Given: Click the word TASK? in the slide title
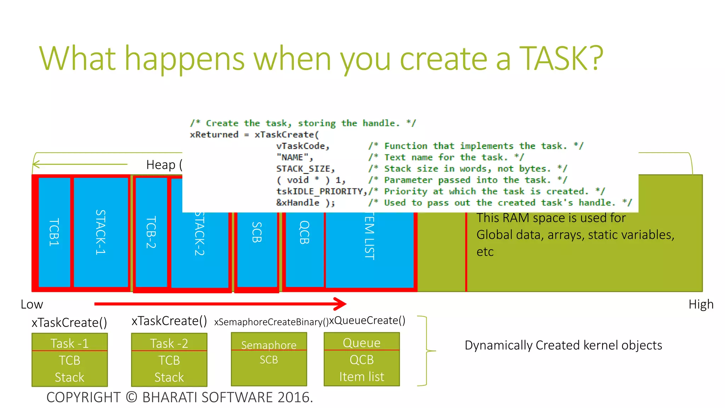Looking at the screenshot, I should coord(561,59).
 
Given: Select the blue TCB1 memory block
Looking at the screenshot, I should coord(54,232).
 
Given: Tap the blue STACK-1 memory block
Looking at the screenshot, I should coord(101,232).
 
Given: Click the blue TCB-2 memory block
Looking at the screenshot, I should coord(151,232).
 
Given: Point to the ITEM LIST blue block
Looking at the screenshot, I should coord(369,248).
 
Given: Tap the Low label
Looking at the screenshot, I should coord(32,305).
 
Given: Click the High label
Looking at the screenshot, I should coord(701,305).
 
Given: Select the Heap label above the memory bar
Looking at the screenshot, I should coord(161,165).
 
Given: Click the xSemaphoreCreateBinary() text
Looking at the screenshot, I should coord(271,322).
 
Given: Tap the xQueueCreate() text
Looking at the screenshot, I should coord(367,321).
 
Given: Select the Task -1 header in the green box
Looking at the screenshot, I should coord(69,343).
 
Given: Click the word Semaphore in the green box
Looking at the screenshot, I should coord(269,345).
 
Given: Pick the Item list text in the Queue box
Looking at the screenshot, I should coord(361,376).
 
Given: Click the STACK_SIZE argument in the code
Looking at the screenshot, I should coord(305,169).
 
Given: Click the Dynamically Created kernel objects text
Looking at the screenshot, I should coord(563,345).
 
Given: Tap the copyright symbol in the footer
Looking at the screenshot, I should coord(131,397).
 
